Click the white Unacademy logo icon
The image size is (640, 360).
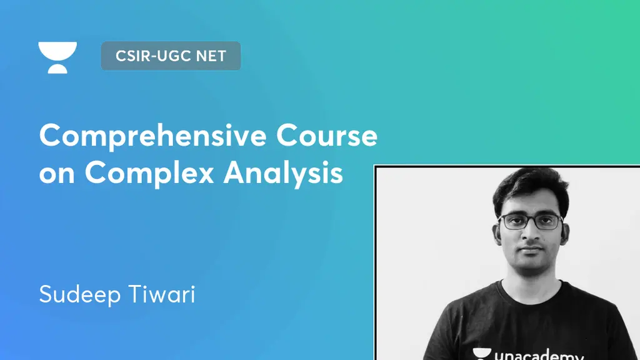coord(57,57)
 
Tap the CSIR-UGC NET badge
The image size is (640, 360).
coord(171,56)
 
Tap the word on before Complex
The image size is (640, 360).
coord(57,174)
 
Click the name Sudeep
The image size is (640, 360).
coord(80,294)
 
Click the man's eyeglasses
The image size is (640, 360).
coord(532,221)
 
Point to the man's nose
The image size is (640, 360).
coord(532,234)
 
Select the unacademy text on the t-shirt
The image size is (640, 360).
coord(537,355)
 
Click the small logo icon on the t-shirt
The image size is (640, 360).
coord(482,354)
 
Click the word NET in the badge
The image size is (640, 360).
coord(211,56)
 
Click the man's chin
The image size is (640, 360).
coord(531,263)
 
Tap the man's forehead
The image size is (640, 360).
coord(531,203)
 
